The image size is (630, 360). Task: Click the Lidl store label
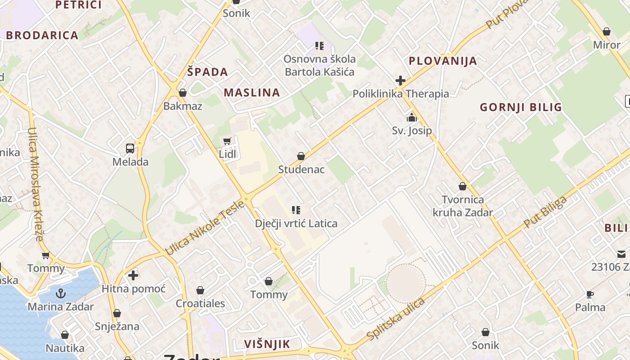coord(228,154)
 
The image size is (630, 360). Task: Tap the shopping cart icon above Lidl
coord(227,141)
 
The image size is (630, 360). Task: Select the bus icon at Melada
coord(130,148)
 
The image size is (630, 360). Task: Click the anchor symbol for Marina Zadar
coord(61,294)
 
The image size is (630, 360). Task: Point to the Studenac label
coord(301,170)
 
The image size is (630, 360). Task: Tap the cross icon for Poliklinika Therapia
coord(400,81)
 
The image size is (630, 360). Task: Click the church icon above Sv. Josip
coord(411,118)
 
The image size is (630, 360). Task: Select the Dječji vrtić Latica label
coord(296,223)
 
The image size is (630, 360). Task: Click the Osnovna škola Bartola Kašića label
coord(319,65)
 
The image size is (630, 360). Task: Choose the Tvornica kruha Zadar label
coord(463,206)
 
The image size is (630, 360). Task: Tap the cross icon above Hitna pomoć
coord(133,275)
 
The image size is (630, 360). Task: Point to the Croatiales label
coord(200,303)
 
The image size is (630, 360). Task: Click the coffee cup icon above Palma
coord(590,295)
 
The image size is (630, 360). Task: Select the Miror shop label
coord(607,45)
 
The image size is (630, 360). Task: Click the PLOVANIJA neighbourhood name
coord(442,61)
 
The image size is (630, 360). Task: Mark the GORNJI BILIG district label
coord(521,107)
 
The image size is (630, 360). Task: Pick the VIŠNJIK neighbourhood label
coord(267,344)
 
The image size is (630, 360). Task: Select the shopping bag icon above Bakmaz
coord(183,93)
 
